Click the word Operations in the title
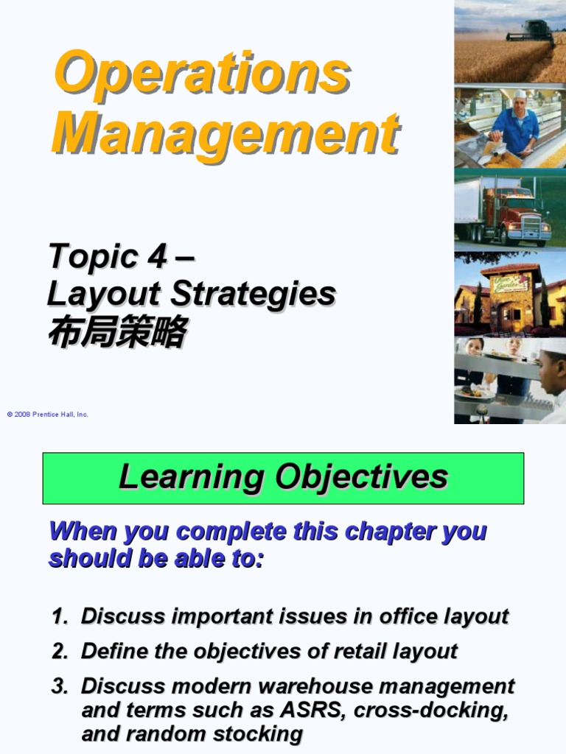click(x=201, y=74)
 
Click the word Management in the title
click(x=226, y=133)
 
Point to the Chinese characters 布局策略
click(x=116, y=332)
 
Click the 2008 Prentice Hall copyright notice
click(x=48, y=415)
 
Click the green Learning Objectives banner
click(x=283, y=478)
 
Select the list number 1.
click(x=58, y=616)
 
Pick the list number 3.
click(x=58, y=686)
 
